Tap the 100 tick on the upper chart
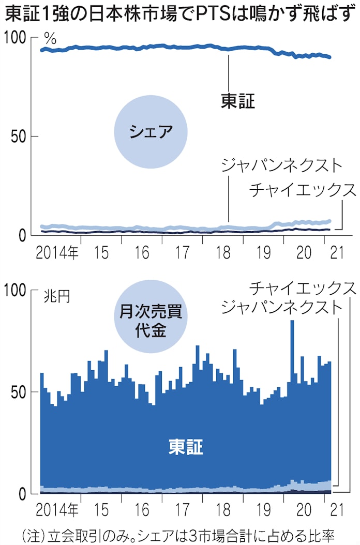point(16,38)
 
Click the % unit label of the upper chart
point(50,38)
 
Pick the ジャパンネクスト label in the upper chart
point(281,165)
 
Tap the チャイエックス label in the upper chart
point(303,190)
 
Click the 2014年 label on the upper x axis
point(57,253)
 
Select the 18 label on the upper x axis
point(224,253)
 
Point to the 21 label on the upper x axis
point(337,253)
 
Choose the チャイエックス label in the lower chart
point(303,287)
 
